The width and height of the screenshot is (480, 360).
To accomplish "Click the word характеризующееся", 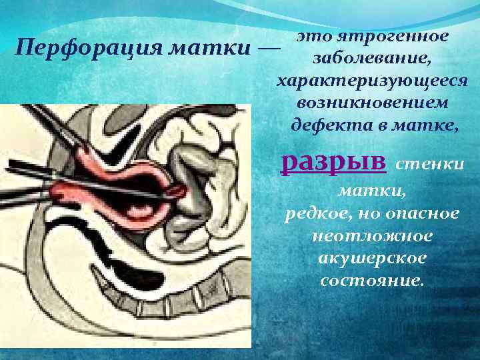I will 372,81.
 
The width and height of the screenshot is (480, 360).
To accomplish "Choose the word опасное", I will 425,213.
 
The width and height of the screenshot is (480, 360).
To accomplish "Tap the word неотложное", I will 372,235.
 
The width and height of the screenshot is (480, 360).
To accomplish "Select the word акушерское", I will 372,257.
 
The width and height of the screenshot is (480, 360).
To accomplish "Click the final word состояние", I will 372,279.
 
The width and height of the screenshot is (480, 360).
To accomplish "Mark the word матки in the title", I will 216,49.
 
